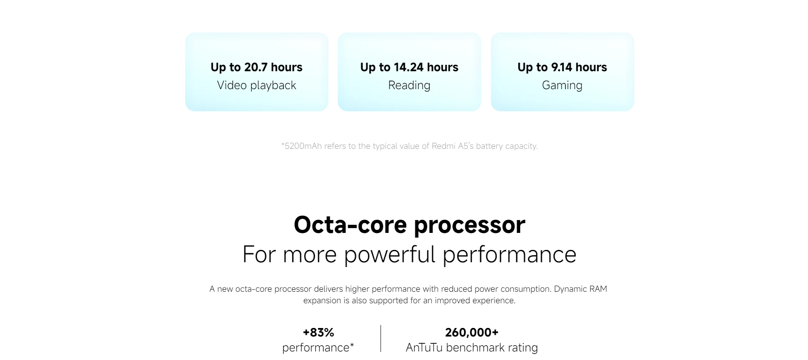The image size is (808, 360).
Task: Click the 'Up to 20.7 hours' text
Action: (x=256, y=67)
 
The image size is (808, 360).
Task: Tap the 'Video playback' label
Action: (x=256, y=85)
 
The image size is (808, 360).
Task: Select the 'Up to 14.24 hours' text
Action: (x=409, y=67)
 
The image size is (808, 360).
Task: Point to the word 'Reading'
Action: (x=409, y=86)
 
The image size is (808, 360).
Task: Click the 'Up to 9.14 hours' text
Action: (x=562, y=67)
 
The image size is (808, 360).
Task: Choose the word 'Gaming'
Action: (x=562, y=86)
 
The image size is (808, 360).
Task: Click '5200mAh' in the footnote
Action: (x=303, y=146)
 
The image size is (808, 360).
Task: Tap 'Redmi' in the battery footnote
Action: (x=444, y=146)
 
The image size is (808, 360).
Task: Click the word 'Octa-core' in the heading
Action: (x=350, y=224)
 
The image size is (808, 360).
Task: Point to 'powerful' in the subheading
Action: (x=389, y=255)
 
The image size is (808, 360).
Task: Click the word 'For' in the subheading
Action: (x=259, y=255)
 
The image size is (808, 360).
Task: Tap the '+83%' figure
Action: (x=318, y=332)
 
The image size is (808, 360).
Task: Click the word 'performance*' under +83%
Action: (x=318, y=348)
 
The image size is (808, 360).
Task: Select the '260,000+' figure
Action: (x=472, y=332)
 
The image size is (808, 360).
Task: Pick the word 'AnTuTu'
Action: (x=424, y=348)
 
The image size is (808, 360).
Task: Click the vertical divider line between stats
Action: (x=381, y=339)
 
